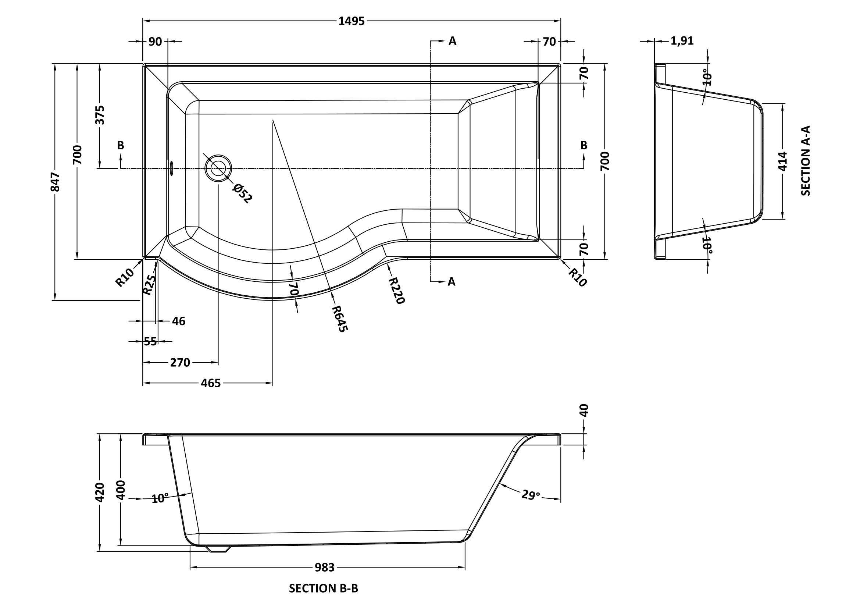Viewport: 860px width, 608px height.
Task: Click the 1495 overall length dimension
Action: click(x=352, y=21)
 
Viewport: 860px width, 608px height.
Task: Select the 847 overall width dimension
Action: click(x=56, y=182)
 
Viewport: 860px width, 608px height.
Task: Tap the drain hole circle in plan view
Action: click(x=218, y=168)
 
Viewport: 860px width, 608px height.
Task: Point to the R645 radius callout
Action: click(x=340, y=319)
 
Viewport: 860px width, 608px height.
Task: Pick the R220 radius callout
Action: click(x=396, y=290)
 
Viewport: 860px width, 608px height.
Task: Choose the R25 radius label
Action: click(x=149, y=284)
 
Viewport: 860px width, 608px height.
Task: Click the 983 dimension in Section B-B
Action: click(x=324, y=568)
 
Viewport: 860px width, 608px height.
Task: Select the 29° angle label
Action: click(x=531, y=495)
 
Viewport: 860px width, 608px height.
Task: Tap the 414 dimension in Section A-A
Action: click(x=783, y=161)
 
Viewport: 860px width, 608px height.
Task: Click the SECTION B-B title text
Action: click(x=323, y=589)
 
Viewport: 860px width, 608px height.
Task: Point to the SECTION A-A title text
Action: click(x=806, y=161)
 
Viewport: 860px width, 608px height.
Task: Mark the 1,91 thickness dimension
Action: click(x=682, y=41)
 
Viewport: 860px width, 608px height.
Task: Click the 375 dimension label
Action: click(x=100, y=115)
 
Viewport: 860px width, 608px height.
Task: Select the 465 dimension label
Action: click(x=211, y=383)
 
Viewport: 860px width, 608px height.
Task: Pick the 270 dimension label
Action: click(x=180, y=363)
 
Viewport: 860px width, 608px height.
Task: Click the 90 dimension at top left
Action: click(x=155, y=42)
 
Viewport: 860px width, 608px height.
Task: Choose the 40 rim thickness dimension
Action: click(x=584, y=410)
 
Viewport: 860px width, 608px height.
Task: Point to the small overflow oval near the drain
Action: click(x=172, y=168)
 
